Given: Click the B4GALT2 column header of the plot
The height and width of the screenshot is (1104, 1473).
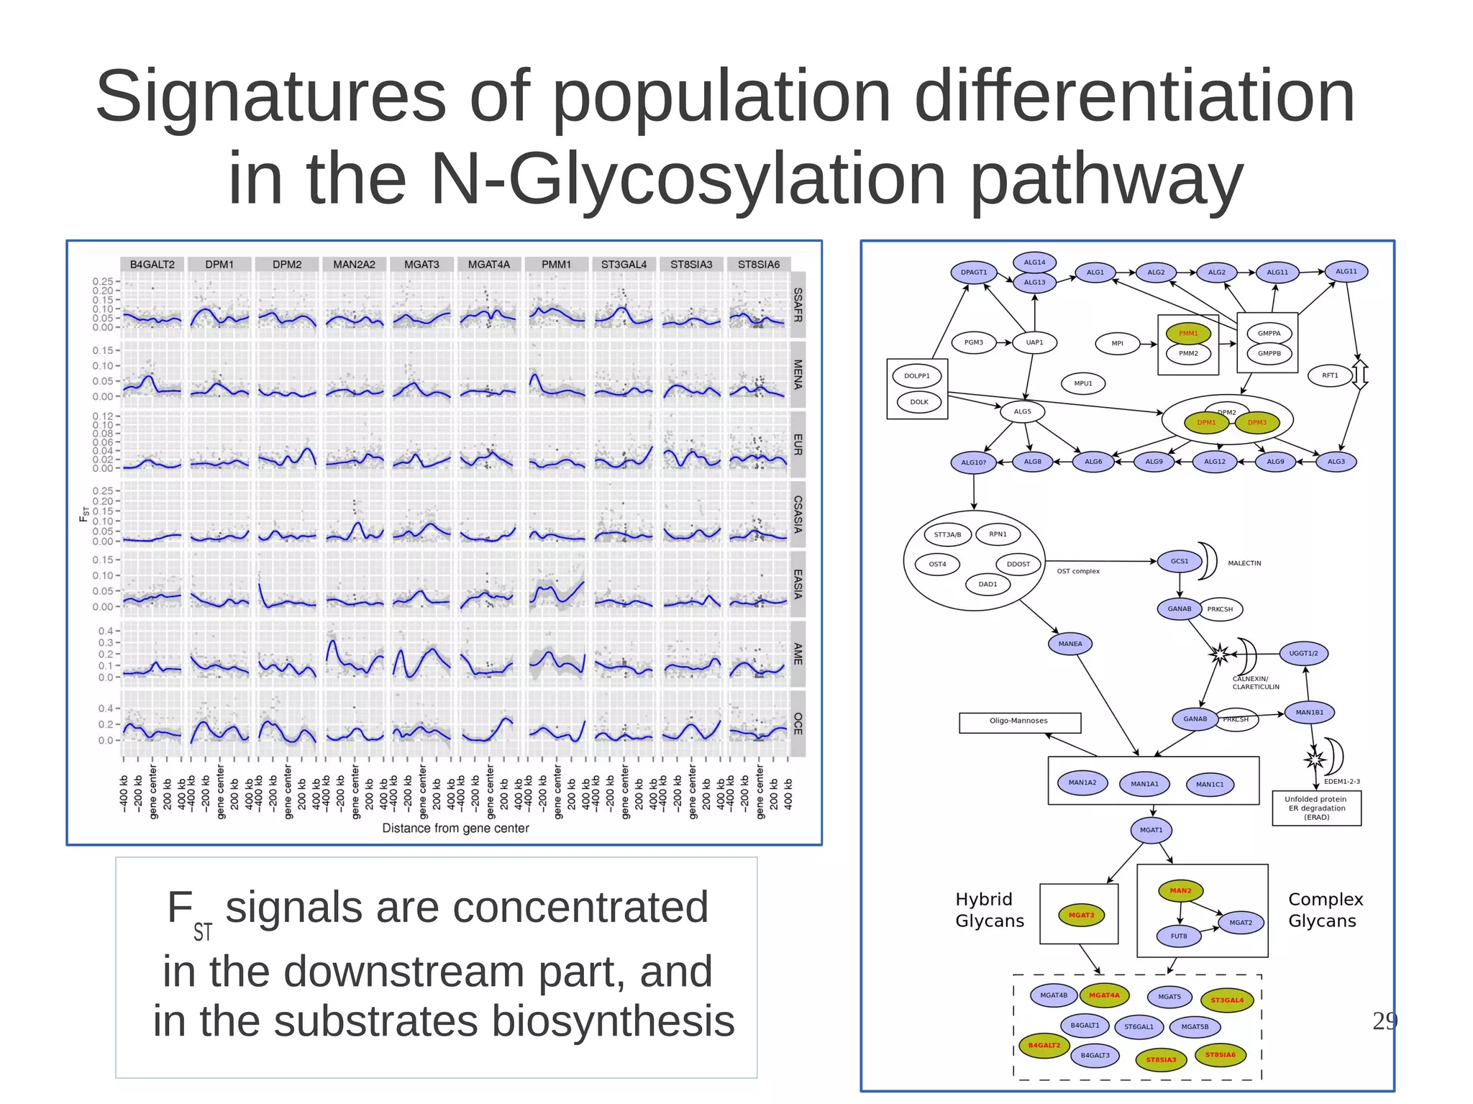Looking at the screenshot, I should (x=152, y=265).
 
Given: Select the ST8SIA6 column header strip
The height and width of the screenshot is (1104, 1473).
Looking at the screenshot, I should (x=758, y=265).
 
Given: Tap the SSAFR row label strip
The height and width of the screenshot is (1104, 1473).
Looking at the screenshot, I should (x=797, y=304).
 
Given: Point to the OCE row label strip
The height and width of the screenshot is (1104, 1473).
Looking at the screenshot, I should (x=797, y=723).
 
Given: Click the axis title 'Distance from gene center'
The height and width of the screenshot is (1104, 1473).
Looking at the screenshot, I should (x=455, y=829).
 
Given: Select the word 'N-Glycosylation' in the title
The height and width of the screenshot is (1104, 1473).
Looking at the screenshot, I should (x=688, y=179).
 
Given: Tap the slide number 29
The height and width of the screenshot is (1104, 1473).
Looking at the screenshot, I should (x=1385, y=1021).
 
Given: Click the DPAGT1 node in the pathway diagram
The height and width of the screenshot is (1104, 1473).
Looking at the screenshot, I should (x=974, y=273).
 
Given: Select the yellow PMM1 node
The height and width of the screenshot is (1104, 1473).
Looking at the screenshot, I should (x=1188, y=334).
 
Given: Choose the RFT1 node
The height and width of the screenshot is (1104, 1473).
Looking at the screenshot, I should (x=1330, y=375).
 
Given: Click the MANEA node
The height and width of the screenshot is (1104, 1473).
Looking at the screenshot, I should (x=1070, y=644).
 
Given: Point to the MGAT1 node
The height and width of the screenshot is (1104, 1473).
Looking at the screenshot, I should (x=1151, y=830).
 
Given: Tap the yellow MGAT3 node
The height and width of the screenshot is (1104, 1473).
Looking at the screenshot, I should (x=1081, y=916).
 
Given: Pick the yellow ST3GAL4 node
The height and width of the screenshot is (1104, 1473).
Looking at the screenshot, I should (x=1226, y=1000).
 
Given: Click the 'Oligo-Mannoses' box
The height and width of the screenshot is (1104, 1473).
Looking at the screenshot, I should (x=1019, y=721).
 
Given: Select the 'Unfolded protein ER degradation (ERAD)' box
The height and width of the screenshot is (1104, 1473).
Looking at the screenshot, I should (x=1316, y=808).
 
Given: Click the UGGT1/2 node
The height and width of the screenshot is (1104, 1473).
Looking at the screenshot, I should (x=1303, y=654).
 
